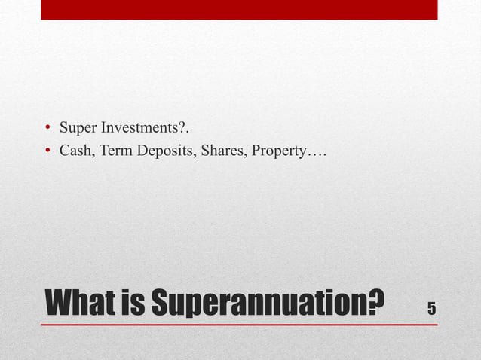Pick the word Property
[x=277, y=153]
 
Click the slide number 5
[x=431, y=308]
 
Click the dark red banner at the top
[x=239, y=9]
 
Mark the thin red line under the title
[x=239, y=325]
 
